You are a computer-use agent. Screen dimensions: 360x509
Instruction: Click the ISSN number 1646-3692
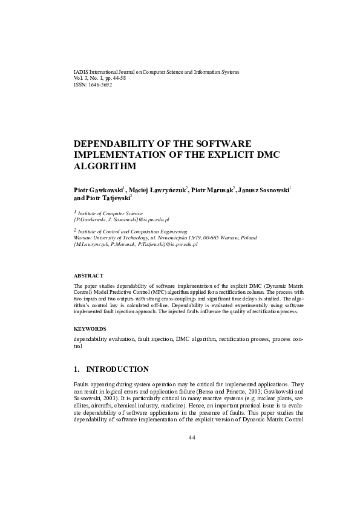click(x=100, y=85)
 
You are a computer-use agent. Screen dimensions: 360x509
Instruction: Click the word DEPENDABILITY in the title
click(x=116, y=143)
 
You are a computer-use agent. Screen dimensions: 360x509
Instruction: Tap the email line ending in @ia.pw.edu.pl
click(x=136, y=245)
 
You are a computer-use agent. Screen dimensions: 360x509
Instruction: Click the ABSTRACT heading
click(x=88, y=275)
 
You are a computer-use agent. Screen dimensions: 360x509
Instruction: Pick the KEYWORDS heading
click(x=90, y=328)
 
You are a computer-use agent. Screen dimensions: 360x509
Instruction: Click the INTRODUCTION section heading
click(x=117, y=369)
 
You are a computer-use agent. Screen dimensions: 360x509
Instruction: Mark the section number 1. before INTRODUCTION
click(x=77, y=369)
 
